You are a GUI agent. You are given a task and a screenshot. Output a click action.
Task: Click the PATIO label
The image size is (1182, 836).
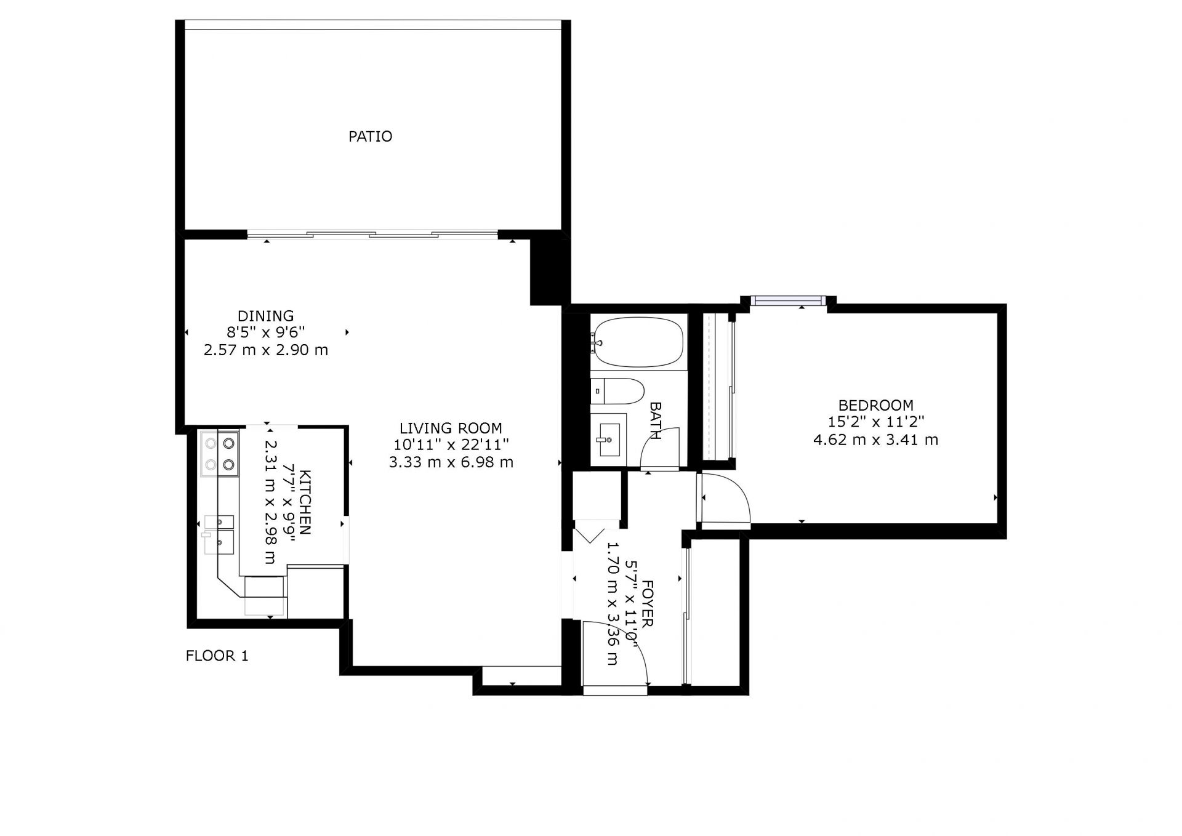370,136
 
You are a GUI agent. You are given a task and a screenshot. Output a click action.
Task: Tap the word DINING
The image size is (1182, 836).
266,316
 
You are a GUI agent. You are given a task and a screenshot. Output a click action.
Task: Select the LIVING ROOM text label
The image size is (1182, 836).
451,428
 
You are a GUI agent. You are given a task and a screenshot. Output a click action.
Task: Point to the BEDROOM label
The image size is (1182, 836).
875,405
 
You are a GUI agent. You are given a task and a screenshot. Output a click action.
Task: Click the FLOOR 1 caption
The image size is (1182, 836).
217,656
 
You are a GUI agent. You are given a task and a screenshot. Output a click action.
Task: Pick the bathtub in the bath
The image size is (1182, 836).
638,342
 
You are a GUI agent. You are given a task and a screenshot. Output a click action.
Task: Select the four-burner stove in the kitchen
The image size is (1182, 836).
219,454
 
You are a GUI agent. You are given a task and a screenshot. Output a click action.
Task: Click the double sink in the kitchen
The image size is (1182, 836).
219,535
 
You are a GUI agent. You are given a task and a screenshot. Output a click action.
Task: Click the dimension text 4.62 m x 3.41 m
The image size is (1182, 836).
875,440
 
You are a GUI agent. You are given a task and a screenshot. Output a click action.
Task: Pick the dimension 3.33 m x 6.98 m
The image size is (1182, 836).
451,462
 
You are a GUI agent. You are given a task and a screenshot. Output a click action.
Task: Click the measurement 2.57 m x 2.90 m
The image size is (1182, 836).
266,350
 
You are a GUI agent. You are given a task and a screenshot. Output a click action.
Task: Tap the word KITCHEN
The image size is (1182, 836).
305,502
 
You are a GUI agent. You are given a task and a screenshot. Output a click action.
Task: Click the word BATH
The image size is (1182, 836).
655,420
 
